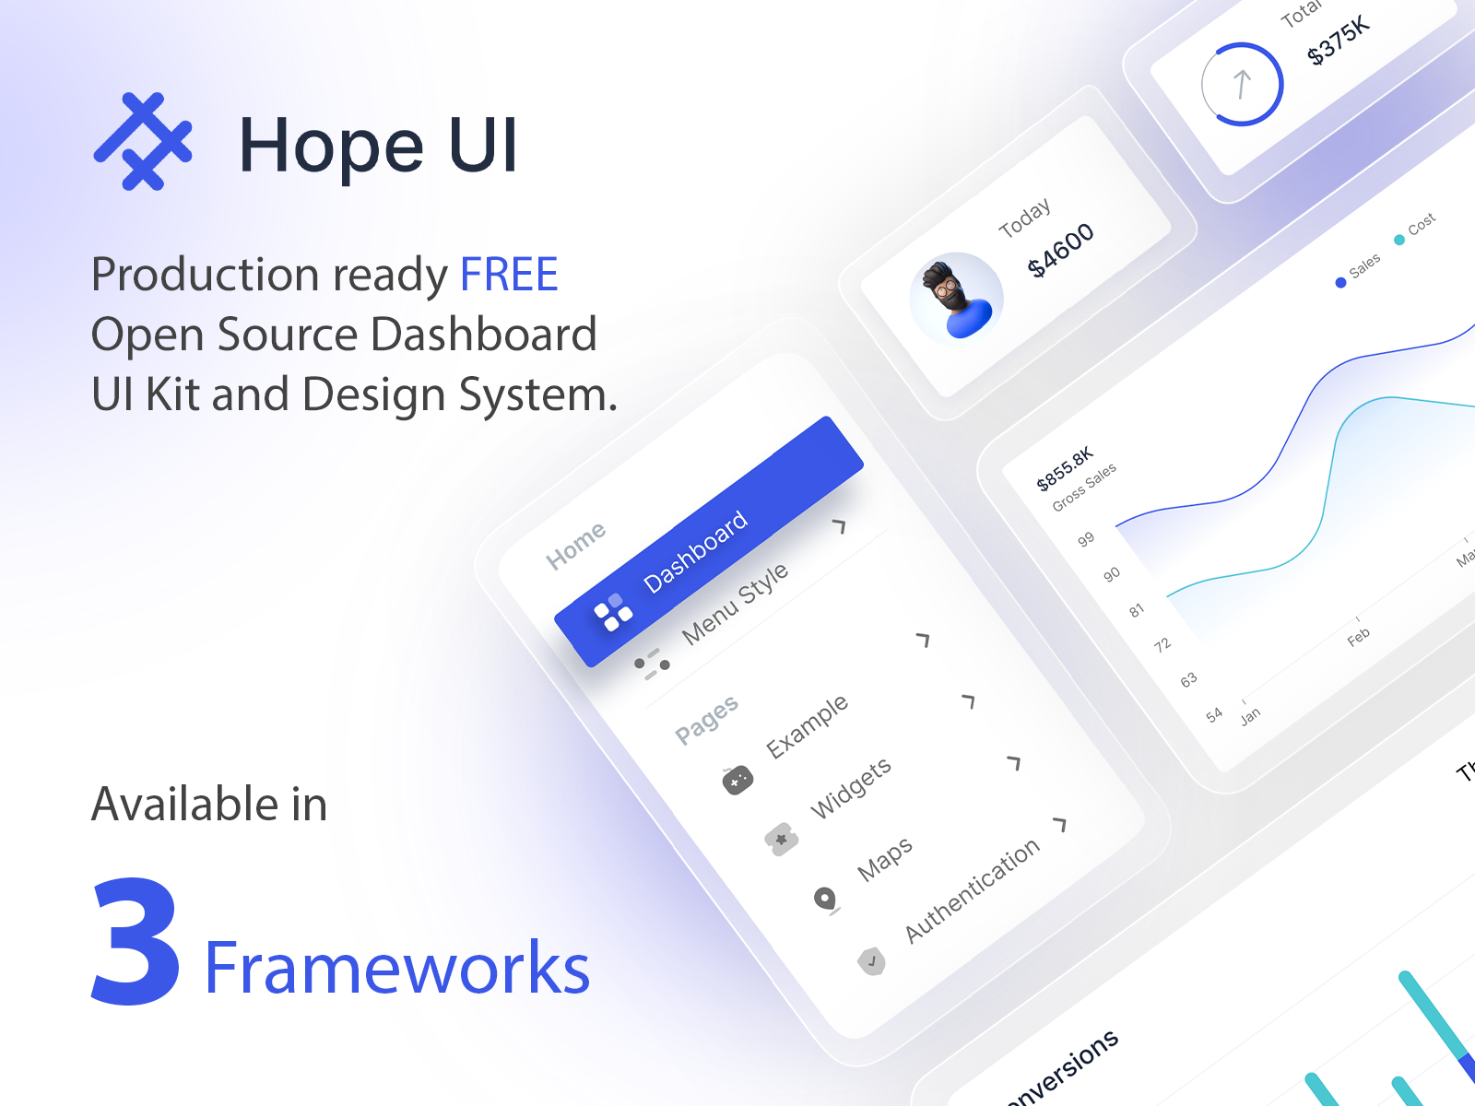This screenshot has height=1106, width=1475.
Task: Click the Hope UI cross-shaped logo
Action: pyautogui.click(x=143, y=141)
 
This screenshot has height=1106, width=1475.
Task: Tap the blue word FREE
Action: pyautogui.click(x=509, y=275)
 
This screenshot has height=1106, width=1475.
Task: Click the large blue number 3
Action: pyautogui.click(x=136, y=941)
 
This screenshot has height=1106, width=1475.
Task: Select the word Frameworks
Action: pyautogui.click(x=396, y=969)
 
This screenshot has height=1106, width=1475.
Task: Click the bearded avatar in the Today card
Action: pyautogui.click(x=956, y=297)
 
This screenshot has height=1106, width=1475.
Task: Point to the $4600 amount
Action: pyautogui.click(x=1061, y=249)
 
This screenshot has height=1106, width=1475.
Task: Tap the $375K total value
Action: pyautogui.click(x=1339, y=41)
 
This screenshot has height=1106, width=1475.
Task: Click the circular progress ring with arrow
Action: pyautogui.click(x=1242, y=84)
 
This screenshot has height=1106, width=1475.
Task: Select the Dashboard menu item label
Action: pyautogui.click(x=695, y=551)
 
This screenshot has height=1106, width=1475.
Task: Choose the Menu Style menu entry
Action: pyautogui.click(x=735, y=603)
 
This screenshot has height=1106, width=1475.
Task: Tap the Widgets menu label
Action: pyautogui.click(x=850, y=788)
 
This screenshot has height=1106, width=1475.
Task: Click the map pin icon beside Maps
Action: pyautogui.click(x=825, y=899)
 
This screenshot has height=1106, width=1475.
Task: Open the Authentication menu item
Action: pyautogui.click(x=972, y=890)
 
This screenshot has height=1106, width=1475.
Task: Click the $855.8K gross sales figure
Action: pyautogui.click(x=1065, y=468)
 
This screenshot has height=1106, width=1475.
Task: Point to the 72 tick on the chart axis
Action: pyautogui.click(x=1162, y=644)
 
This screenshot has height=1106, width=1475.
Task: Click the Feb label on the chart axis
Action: pyautogui.click(x=1358, y=637)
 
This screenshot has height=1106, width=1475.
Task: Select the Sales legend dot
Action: pyautogui.click(x=1340, y=283)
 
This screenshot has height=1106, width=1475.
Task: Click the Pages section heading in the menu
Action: pyautogui.click(x=706, y=719)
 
